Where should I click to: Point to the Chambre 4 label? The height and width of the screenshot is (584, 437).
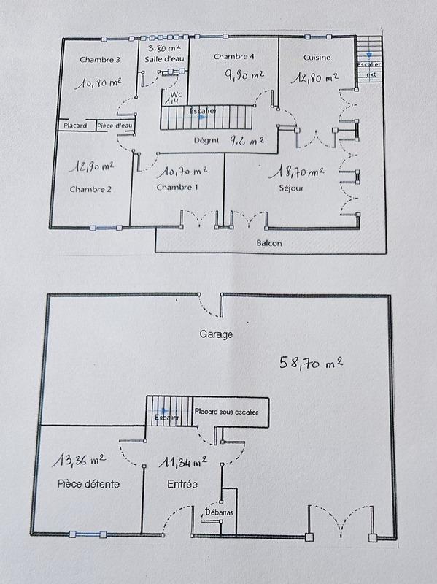pyautogui.click(x=233, y=56)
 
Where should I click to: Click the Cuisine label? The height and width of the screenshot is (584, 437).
pyautogui.click(x=318, y=57)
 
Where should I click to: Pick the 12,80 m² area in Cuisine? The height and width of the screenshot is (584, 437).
pyautogui.click(x=315, y=77)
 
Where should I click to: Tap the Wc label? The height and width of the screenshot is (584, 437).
pyautogui.click(x=175, y=94)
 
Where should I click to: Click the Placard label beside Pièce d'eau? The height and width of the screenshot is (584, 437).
pyautogui.click(x=76, y=126)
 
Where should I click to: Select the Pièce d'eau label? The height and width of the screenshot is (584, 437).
pyautogui.click(x=115, y=126)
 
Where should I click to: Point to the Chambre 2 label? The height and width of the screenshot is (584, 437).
pyautogui.click(x=90, y=190)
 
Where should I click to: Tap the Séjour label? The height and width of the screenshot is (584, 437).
pyautogui.click(x=290, y=188)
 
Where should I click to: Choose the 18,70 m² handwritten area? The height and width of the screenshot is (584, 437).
pyautogui.click(x=296, y=172)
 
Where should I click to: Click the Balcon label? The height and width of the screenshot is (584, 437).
pyautogui.click(x=269, y=243)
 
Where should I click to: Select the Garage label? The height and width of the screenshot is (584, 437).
pyautogui.click(x=217, y=334)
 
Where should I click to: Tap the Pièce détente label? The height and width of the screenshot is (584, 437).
pyautogui.click(x=88, y=484)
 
